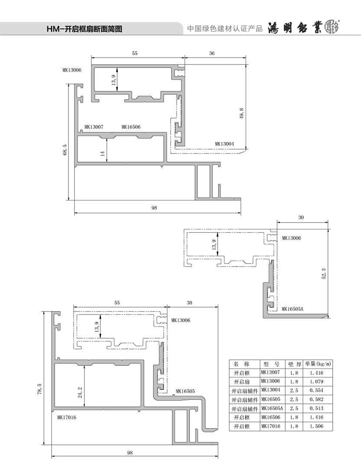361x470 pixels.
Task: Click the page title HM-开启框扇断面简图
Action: coord(84,29)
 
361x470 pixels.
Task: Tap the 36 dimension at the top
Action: coord(212,53)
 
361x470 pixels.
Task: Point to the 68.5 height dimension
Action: coord(65,150)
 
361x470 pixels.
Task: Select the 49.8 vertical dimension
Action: coord(242,113)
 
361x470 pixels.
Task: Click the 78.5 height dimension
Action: coord(40,389)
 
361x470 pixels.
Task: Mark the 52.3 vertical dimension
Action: coord(324,274)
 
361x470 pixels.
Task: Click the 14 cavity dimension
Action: coord(103,154)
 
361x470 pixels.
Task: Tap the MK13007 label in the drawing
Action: coord(94,127)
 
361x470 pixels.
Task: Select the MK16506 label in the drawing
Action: coord(131,127)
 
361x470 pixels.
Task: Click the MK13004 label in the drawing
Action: coord(224,144)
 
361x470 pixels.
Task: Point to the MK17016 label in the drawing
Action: coord(67,418)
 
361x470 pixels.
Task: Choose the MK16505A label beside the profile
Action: coord(292,309)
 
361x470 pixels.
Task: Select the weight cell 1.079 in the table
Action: coord(317,381)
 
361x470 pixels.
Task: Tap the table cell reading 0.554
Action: coord(317,390)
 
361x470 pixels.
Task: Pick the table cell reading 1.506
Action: coord(317,426)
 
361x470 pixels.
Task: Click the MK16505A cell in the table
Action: coord(272,408)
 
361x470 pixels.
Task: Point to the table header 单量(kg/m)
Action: coord(318,364)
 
